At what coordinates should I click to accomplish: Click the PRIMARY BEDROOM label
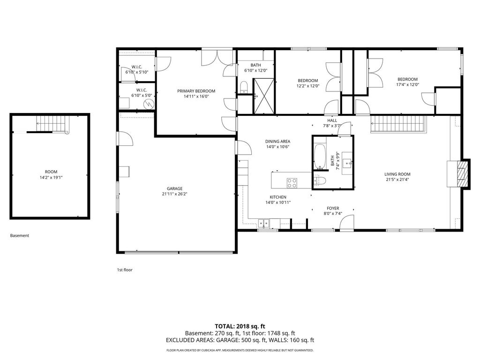(196, 91)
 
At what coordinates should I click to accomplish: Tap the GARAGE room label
(174, 188)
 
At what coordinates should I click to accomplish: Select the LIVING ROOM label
(397, 174)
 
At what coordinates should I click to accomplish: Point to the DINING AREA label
(277, 142)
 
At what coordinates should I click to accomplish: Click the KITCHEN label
(278, 197)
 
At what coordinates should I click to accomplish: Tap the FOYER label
(333, 208)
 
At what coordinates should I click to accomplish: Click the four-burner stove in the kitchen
(292, 183)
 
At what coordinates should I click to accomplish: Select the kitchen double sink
(263, 224)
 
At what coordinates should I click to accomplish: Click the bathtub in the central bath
(320, 157)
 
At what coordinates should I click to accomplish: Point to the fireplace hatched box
(462, 174)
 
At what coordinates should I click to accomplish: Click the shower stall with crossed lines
(263, 96)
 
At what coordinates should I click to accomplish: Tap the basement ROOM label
(51, 172)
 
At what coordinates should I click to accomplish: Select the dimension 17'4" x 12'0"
(407, 84)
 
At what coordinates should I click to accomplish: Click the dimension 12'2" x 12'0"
(308, 86)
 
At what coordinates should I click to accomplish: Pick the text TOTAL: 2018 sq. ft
(240, 326)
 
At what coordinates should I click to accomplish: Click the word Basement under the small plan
(20, 235)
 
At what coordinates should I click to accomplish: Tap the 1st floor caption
(125, 270)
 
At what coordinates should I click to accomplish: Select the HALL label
(332, 120)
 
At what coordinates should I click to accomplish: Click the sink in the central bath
(348, 163)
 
